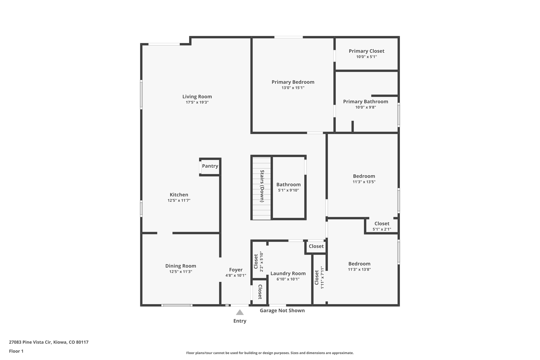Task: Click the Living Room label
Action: (x=197, y=97)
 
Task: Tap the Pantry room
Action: (x=210, y=166)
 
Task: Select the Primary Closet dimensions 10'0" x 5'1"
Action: (x=366, y=57)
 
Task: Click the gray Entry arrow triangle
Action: (x=240, y=313)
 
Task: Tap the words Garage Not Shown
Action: (x=282, y=310)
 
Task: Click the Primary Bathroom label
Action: (x=365, y=102)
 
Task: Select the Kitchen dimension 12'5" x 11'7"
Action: (x=179, y=200)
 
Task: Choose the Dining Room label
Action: (x=181, y=266)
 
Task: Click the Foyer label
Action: (x=235, y=270)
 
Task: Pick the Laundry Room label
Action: (x=288, y=273)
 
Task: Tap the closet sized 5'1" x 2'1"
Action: (x=382, y=226)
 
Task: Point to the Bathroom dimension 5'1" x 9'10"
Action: (x=288, y=190)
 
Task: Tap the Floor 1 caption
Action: (x=16, y=351)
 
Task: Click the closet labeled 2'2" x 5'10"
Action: (x=259, y=261)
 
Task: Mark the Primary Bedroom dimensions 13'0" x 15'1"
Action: (x=293, y=88)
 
